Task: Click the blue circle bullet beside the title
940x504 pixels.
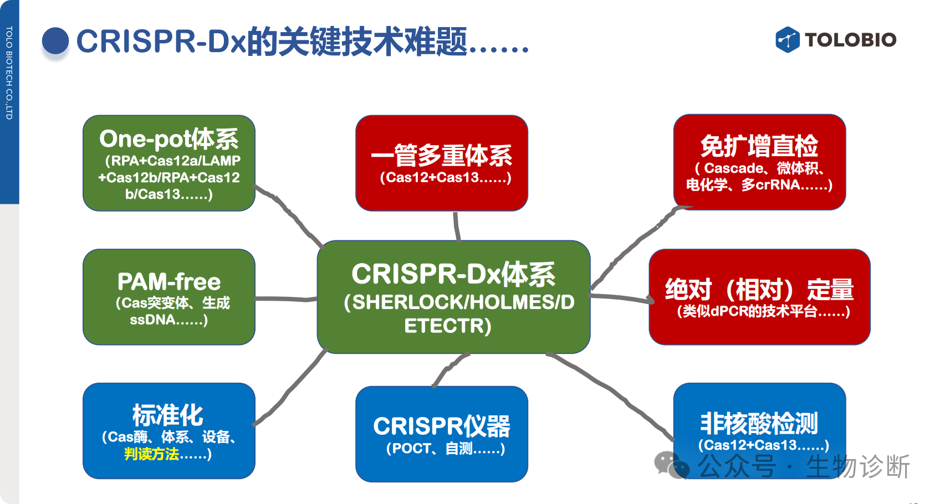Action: [55, 40]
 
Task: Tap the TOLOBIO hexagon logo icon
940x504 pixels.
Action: [787, 40]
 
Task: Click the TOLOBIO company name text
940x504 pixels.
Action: [850, 40]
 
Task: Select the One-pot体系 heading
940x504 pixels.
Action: [169, 139]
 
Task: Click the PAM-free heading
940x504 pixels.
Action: [169, 282]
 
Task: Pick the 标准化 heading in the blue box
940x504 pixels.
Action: [168, 415]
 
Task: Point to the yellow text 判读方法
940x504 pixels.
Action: [151, 454]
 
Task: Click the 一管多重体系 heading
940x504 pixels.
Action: [442, 156]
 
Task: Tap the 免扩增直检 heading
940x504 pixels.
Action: [759, 146]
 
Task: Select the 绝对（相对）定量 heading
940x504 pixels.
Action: [759, 290]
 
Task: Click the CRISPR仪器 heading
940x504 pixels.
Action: [442, 426]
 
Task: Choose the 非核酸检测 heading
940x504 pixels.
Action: [759, 424]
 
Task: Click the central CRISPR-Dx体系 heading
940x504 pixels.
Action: [453, 274]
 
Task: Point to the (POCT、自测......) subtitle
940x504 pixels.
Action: [446, 449]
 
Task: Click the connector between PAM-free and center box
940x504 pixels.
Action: [286, 299]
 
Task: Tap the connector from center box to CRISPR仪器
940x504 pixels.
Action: [450, 368]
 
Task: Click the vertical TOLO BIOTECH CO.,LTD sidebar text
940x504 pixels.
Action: [9, 73]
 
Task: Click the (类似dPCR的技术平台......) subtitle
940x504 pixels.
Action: [763, 311]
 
